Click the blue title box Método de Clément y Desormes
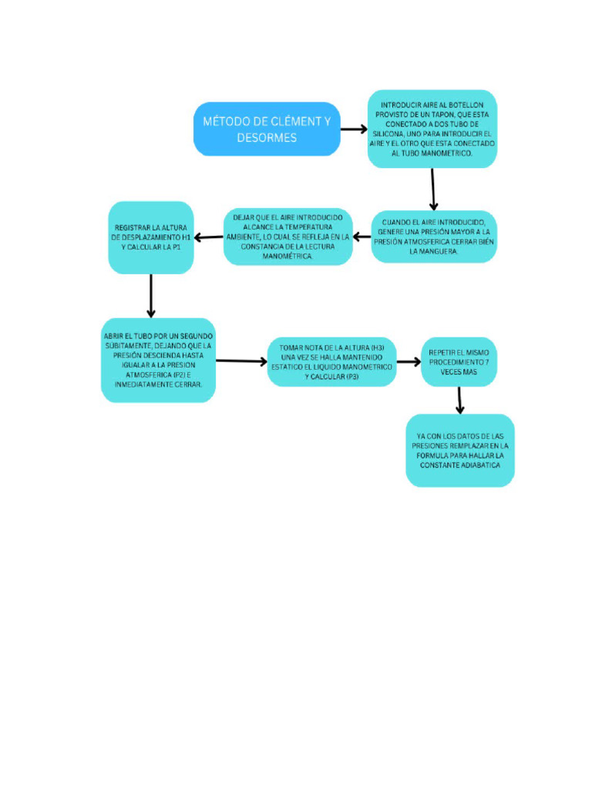point(267,129)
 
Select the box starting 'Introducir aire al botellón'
point(432,129)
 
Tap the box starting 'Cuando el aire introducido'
point(434,237)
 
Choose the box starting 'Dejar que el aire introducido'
point(288,237)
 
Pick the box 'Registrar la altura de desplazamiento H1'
point(150,237)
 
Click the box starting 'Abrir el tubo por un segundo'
point(157,360)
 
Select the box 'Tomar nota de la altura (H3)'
point(331,362)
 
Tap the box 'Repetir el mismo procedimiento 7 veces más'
point(459,361)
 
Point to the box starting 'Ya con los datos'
point(459,450)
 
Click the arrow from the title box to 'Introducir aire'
point(354,129)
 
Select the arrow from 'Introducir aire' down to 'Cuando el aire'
point(433,189)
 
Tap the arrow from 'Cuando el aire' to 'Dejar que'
point(362,237)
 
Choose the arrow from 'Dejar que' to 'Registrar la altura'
point(208,237)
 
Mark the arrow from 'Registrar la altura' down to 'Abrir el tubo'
point(151,295)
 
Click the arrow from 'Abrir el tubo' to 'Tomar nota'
point(241,361)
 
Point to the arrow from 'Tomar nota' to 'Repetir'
point(409,361)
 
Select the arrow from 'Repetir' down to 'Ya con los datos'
point(459,400)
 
